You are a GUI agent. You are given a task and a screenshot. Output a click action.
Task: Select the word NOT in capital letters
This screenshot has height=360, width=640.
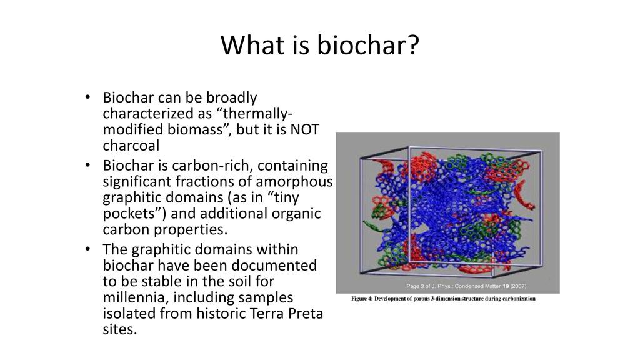[x=304, y=129]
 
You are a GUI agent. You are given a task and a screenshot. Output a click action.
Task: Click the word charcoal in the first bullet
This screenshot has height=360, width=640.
[x=131, y=145]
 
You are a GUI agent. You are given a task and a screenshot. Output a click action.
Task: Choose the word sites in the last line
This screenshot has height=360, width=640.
[x=119, y=329]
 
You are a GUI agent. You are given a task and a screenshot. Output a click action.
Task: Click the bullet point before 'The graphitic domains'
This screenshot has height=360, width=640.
[x=87, y=249]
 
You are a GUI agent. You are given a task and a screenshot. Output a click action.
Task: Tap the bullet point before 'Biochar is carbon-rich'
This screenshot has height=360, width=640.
[x=87, y=165]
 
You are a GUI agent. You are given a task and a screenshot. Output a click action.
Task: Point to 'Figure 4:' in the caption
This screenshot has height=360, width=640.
[x=362, y=299]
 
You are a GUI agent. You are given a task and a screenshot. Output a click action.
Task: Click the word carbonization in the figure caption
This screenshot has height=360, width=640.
[x=520, y=299]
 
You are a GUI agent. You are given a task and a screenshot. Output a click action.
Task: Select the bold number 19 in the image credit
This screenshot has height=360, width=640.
[x=506, y=286]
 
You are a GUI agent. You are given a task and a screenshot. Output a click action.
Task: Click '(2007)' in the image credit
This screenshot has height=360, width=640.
[x=518, y=286]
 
